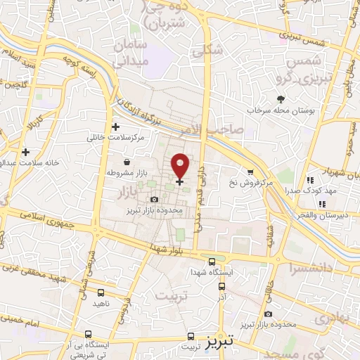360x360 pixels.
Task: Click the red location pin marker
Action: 181,166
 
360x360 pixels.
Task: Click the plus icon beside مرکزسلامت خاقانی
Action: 115,127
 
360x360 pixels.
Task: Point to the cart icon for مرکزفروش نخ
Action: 250,172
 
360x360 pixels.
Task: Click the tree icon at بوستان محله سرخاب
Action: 281,99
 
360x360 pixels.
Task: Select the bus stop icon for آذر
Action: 222,286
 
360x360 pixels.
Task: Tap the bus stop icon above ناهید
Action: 101,292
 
